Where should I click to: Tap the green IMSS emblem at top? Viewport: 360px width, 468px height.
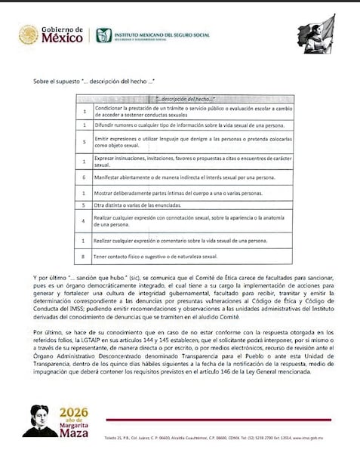pyautogui.click(x=103, y=35)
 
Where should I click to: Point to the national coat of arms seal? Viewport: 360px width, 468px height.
pyautogui.click(x=28, y=35)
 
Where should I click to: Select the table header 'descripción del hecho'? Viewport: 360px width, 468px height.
pyautogui.click(x=184, y=99)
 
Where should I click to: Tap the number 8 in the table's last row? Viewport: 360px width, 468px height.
pyautogui.click(x=85, y=257)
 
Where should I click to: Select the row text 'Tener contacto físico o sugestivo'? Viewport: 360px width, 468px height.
pyautogui.click(x=158, y=257)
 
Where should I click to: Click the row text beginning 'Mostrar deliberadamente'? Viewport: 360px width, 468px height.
pyautogui.click(x=167, y=193)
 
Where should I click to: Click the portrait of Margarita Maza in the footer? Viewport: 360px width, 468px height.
pyautogui.click(x=40, y=420)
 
